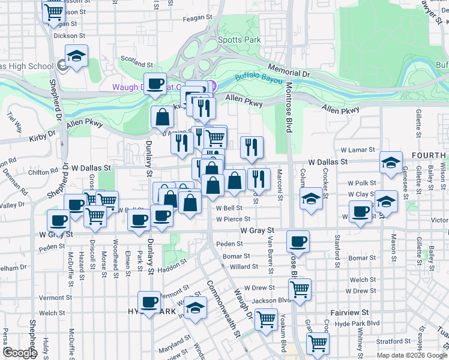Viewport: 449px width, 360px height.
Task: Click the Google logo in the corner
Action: pos(20,353)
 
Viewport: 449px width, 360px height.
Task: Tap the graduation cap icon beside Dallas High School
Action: pos(76,57)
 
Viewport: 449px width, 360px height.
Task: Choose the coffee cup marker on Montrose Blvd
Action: pos(298,242)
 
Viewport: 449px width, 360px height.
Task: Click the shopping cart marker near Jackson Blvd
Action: pos(300,289)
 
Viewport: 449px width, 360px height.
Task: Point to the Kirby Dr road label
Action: pos(41,138)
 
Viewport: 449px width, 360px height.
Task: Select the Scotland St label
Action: pos(137,62)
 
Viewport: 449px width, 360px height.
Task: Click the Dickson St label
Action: pos(66,35)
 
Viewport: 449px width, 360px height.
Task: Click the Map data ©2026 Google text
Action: pos(412,355)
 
